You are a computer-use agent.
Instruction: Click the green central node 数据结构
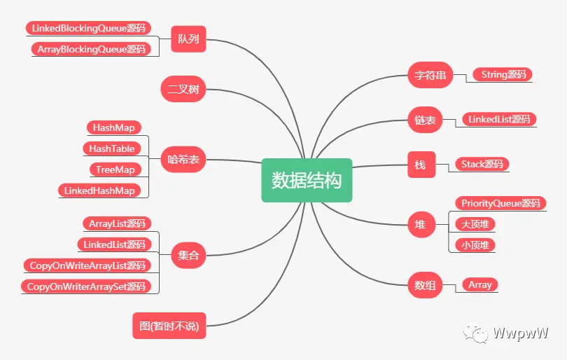click(x=307, y=180)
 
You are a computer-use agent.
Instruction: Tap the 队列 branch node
click(x=189, y=39)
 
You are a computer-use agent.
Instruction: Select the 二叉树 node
click(x=183, y=90)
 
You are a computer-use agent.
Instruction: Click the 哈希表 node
click(x=184, y=160)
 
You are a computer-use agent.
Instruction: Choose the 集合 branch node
click(x=189, y=255)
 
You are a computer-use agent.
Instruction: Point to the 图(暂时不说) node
click(x=169, y=325)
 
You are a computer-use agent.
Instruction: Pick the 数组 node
click(x=425, y=285)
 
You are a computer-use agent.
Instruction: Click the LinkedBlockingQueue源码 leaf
click(x=88, y=28)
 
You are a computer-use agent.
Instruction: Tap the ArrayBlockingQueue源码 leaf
click(x=91, y=49)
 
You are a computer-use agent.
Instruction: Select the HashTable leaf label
click(x=111, y=148)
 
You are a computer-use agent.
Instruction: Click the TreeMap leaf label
click(x=115, y=169)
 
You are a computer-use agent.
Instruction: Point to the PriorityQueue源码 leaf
click(x=500, y=203)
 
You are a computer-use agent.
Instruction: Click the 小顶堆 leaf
click(x=475, y=245)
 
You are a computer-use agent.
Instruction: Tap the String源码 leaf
click(x=503, y=74)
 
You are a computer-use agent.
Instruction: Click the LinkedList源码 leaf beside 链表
click(x=499, y=119)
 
